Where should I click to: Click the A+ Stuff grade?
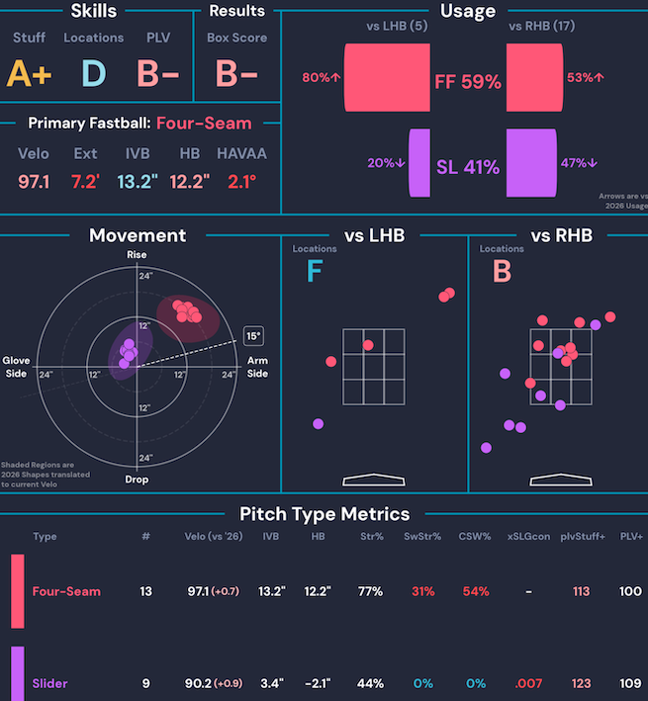(29, 73)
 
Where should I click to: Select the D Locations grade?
(93, 73)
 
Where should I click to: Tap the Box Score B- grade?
(236, 73)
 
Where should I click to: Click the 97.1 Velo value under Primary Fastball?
(34, 182)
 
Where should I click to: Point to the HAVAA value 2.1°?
(241, 182)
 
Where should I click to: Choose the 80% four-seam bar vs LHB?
(387, 77)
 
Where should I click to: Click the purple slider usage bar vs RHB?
(531, 163)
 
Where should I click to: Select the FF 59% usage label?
(468, 82)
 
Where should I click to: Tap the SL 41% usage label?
(468, 167)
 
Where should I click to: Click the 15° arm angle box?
(253, 336)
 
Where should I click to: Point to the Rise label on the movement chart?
(137, 254)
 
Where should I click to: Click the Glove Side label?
(16, 367)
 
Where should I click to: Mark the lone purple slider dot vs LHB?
(318, 424)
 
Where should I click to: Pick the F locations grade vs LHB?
(315, 271)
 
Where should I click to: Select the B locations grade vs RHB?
(502, 271)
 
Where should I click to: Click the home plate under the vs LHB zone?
(374, 480)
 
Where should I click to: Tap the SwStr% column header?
(422, 537)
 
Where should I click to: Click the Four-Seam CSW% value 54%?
(476, 591)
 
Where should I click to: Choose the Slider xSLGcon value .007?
(528, 683)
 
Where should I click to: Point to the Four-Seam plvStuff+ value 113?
(581, 591)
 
